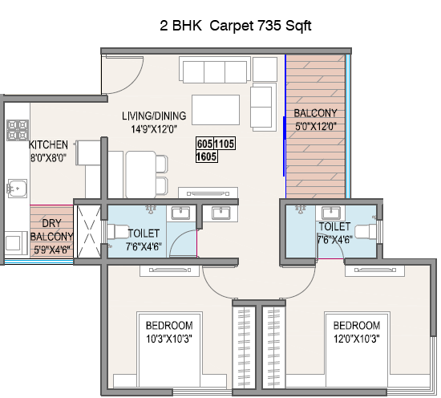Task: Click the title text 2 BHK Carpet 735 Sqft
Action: [x=236, y=26]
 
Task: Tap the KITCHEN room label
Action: [x=48, y=144]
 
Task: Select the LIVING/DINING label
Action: [x=154, y=116]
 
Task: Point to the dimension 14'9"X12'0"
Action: [x=154, y=129]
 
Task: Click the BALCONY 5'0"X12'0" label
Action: [x=316, y=120]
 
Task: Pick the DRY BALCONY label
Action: [x=51, y=230]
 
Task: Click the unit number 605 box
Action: [x=204, y=144]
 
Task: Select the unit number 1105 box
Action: [x=225, y=144]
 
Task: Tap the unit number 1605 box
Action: [x=207, y=156]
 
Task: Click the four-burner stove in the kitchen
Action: [x=18, y=130]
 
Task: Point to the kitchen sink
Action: [x=18, y=189]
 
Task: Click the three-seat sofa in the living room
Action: [x=215, y=70]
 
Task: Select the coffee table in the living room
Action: [x=216, y=110]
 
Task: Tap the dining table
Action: [x=140, y=174]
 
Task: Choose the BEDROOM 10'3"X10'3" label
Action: [x=169, y=332]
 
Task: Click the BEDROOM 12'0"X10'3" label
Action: [x=357, y=332]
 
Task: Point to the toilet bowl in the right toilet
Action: [x=366, y=232]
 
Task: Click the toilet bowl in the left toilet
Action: [x=118, y=232]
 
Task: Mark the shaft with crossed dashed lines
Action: [x=89, y=231]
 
